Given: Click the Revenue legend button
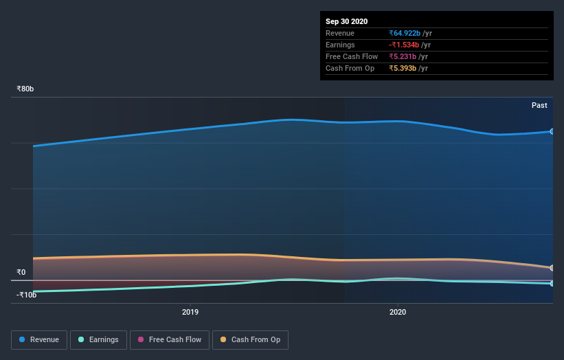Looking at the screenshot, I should coord(40,339).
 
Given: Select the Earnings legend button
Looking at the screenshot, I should coord(98,339).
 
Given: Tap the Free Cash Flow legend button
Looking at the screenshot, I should coord(170,339).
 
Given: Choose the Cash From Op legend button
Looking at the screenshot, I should coord(250,339).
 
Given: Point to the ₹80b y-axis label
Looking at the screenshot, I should coord(25,89).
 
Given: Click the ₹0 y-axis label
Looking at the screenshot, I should coord(21,272).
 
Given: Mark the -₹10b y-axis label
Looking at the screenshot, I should coord(27,295).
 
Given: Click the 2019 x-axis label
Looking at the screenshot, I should coord(190,312).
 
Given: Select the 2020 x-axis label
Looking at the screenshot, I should coord(398,312).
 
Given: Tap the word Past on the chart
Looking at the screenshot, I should coord(539,105).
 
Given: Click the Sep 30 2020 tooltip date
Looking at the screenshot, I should coord(347,21).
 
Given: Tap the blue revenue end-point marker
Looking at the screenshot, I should coord(552,131).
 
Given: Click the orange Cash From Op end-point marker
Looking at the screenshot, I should coord(552,268).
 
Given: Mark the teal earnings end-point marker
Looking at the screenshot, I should coord(552,283).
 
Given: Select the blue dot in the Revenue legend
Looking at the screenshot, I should coord(23,339).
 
